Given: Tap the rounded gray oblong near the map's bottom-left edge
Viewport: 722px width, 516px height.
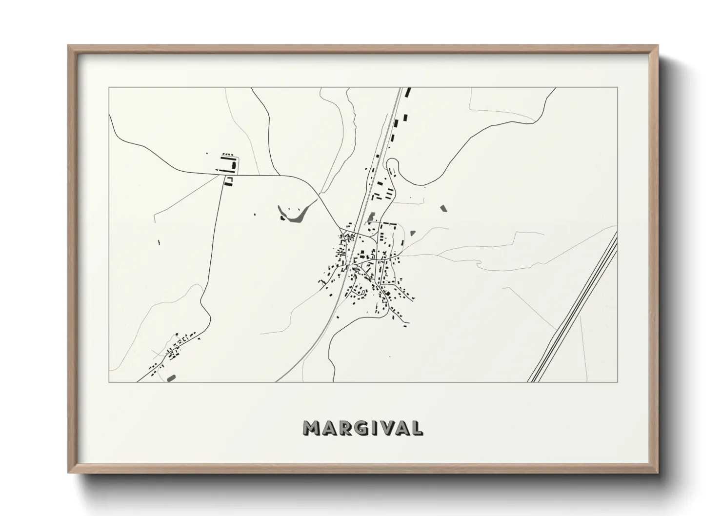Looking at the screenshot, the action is (x=171, y=377).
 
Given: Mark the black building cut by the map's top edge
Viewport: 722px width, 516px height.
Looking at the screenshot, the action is (x=409, y=92).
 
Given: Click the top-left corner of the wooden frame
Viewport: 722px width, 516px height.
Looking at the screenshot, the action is (x=68, y=46).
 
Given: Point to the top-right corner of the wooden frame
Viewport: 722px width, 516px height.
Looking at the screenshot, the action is (x=657, y=46).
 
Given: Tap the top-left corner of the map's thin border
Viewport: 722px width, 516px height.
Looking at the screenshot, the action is (x=109, y=88).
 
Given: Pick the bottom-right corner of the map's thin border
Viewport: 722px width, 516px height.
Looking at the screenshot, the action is (x=618, y=382).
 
